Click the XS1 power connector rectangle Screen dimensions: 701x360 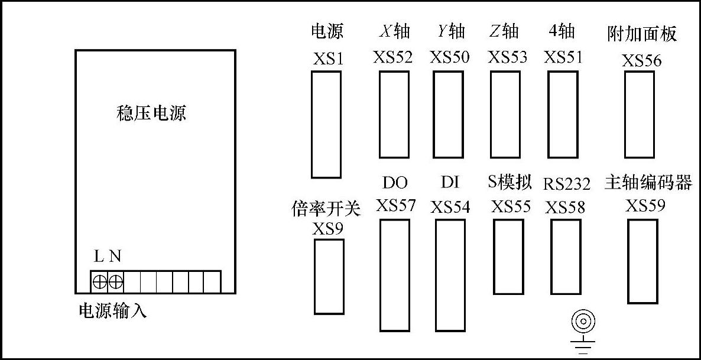(x=326, y=124)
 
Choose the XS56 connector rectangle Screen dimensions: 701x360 (x=640, y=115)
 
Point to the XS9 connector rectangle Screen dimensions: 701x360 (x=329, y=277)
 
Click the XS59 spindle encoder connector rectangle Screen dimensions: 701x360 (x=642, y=261)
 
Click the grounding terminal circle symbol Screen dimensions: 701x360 (x=583, y=323)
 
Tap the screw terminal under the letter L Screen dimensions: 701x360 (x=100, y=282)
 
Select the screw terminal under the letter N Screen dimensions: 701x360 (x=116, y=282)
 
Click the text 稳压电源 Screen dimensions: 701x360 (x=152, y=113)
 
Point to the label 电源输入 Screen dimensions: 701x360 (x=112, y=311)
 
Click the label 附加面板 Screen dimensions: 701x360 (x=642, y=34)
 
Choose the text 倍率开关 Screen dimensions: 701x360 (x=326, y=208)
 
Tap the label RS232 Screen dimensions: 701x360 (x=567, y=184)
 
